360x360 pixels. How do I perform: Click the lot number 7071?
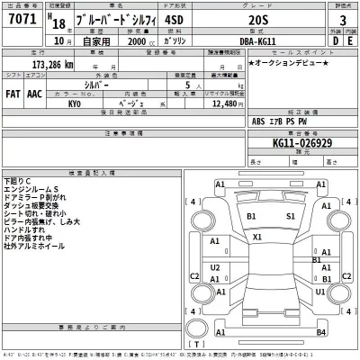(x=20, y=21)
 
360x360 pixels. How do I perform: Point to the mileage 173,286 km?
(x=49, y=67)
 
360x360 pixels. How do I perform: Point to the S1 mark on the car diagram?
(x=291, y=216)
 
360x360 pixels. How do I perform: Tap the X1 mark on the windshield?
(x=257, y=237)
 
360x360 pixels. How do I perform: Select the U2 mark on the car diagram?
(x=215, y=267)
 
